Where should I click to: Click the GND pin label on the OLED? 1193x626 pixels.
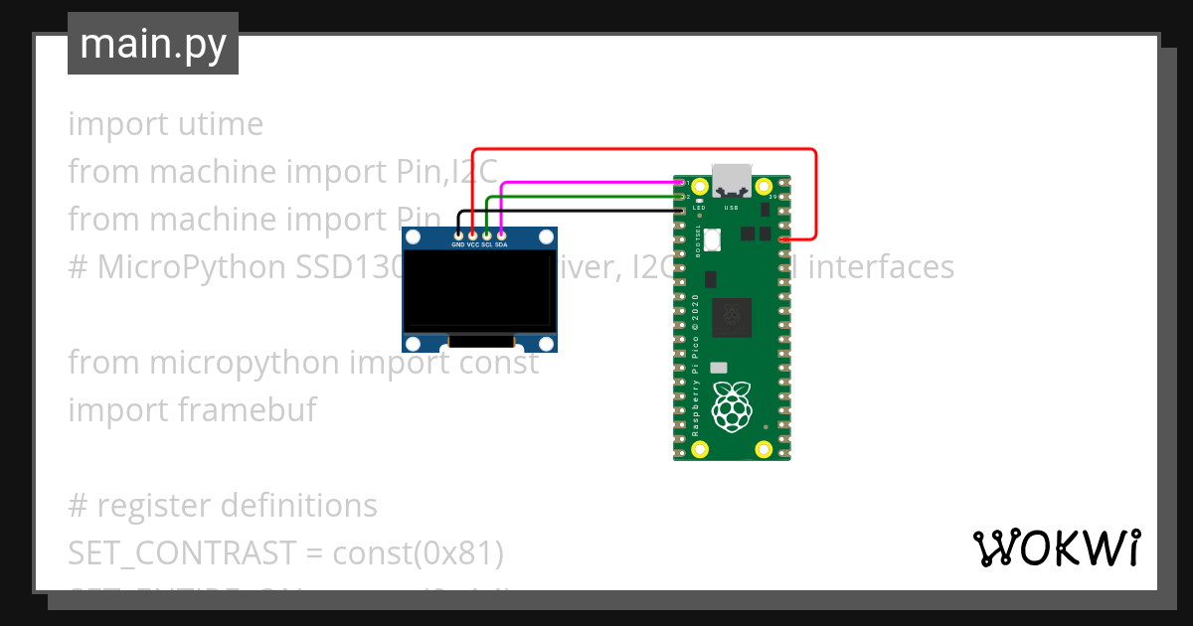point(458,244)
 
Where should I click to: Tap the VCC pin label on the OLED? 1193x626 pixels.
point(473,244)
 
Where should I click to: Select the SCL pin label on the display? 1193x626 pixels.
point(487,244)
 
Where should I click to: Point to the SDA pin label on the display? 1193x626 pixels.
point(502,244)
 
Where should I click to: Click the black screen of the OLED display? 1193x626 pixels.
point(478,291)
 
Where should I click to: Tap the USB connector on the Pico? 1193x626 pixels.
point(732,179)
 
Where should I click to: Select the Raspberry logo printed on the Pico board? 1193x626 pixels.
point(734,406)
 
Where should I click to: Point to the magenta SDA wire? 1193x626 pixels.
point(587,183)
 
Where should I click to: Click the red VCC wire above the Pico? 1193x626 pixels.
point(646,151)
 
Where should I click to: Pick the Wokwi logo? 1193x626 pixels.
point(1056,548)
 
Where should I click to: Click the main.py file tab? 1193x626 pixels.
point(153,44)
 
